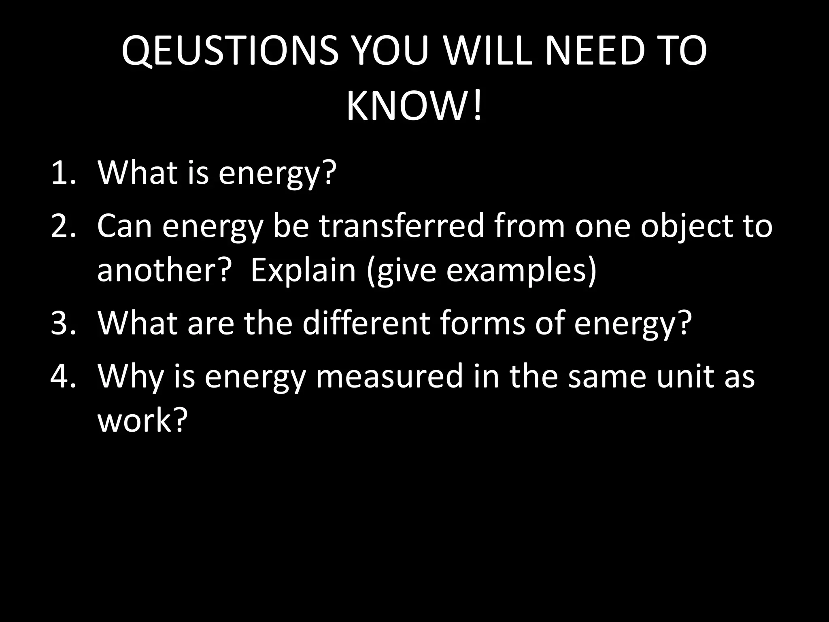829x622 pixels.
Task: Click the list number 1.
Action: tap(63, 173)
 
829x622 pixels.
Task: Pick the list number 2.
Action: tap(63, 227)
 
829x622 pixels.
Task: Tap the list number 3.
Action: tap(63, 324)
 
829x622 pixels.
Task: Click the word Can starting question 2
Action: tap(125, 227)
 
